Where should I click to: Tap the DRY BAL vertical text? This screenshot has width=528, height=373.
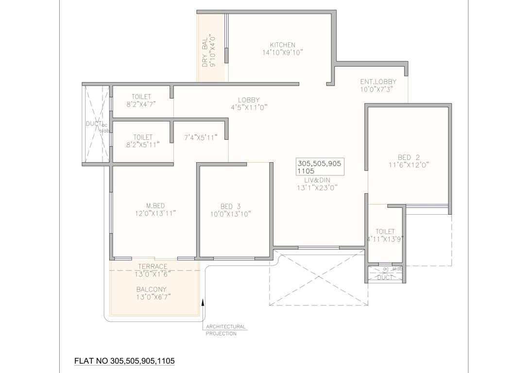click(204, 51)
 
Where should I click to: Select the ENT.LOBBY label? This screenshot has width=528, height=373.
click(378, 82)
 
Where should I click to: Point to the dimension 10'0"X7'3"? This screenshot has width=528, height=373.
click(376, 89)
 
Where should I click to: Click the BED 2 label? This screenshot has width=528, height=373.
click(409, 157)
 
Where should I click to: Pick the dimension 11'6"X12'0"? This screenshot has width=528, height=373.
click(409, 165)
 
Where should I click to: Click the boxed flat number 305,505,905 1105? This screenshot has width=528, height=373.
click(319, 167)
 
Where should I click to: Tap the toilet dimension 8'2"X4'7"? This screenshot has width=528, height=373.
click(141, 104)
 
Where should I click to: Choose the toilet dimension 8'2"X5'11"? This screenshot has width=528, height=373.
click(141, 145)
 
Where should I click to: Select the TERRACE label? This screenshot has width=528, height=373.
click(153, 266)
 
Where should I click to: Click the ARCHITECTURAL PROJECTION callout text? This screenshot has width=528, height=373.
click(225, 330)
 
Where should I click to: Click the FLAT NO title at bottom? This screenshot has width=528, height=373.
click(124, 361)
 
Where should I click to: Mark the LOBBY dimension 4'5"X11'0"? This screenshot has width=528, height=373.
click(250, 107)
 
